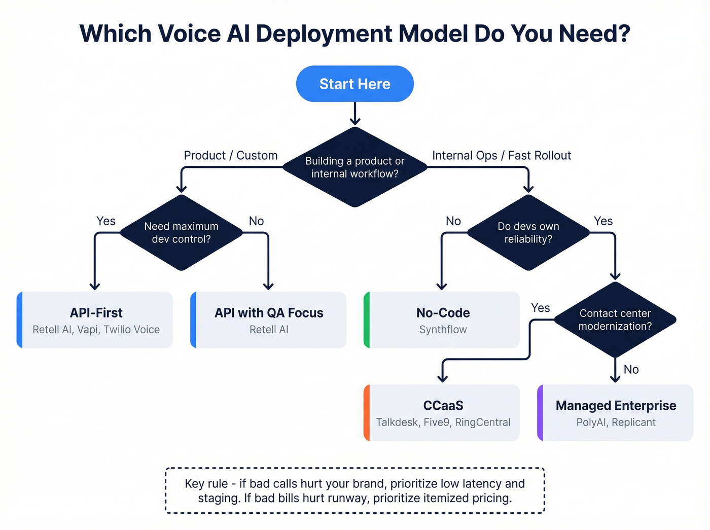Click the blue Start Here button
(355, 84)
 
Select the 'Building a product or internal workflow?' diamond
(355, 167)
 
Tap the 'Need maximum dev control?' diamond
(182, 233)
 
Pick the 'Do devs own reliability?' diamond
(528, 233)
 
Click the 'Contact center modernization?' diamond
(615, 320)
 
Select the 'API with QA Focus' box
(269, 320)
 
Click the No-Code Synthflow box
(443, 320)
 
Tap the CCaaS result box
(443, 413)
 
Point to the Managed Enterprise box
(616, 413)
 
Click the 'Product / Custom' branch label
(231, 156)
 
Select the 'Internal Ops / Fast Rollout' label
(501, 156)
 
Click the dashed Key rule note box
(355, 490)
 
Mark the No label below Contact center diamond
(631, 370)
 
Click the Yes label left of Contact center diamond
(540, 308)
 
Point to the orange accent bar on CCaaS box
(367, 413)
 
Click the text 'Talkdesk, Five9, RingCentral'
(443, 422)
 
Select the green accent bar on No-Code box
(367, 320)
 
